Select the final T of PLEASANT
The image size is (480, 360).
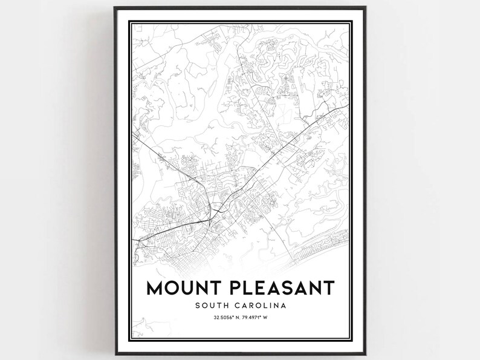click(x=327, y=287)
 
